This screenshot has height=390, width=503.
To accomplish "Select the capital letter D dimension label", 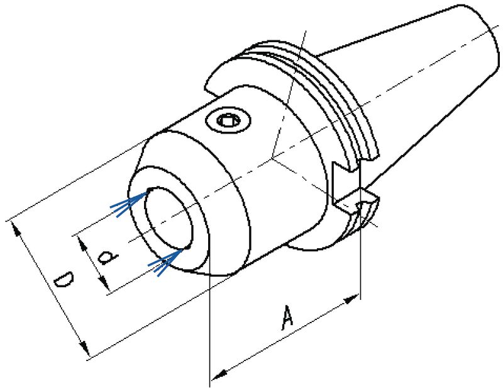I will [63, 282].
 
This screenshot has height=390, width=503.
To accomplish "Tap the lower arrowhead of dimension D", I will [82, 348].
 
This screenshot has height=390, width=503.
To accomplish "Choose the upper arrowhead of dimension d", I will [79, 242].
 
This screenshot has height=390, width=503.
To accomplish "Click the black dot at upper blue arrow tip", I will [149, 190].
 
